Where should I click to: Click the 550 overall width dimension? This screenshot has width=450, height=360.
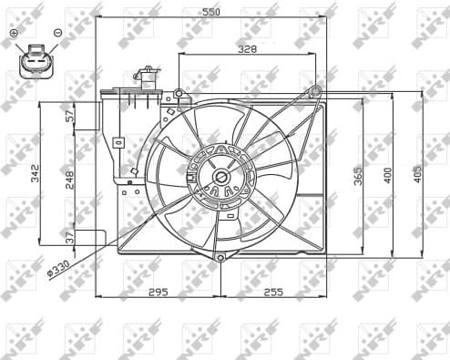[x=210, y=14]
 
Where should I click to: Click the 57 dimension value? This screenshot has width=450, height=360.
[x=69, y=115]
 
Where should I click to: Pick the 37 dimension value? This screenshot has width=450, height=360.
[x=69, y=237]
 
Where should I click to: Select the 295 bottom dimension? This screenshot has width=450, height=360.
[x=159, y=292]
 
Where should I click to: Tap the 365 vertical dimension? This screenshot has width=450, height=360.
[x=358, y=173]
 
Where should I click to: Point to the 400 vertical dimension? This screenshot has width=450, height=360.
[x=388, y=173]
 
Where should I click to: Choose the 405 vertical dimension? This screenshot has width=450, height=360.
[x=417, y=173]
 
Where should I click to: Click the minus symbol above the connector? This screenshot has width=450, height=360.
[x=57, y=33]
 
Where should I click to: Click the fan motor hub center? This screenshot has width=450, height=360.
[x=220, y=179]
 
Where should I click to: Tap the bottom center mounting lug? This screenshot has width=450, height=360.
[x=220, y=258]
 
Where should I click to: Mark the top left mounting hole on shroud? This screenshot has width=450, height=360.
[x=179, y=93]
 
